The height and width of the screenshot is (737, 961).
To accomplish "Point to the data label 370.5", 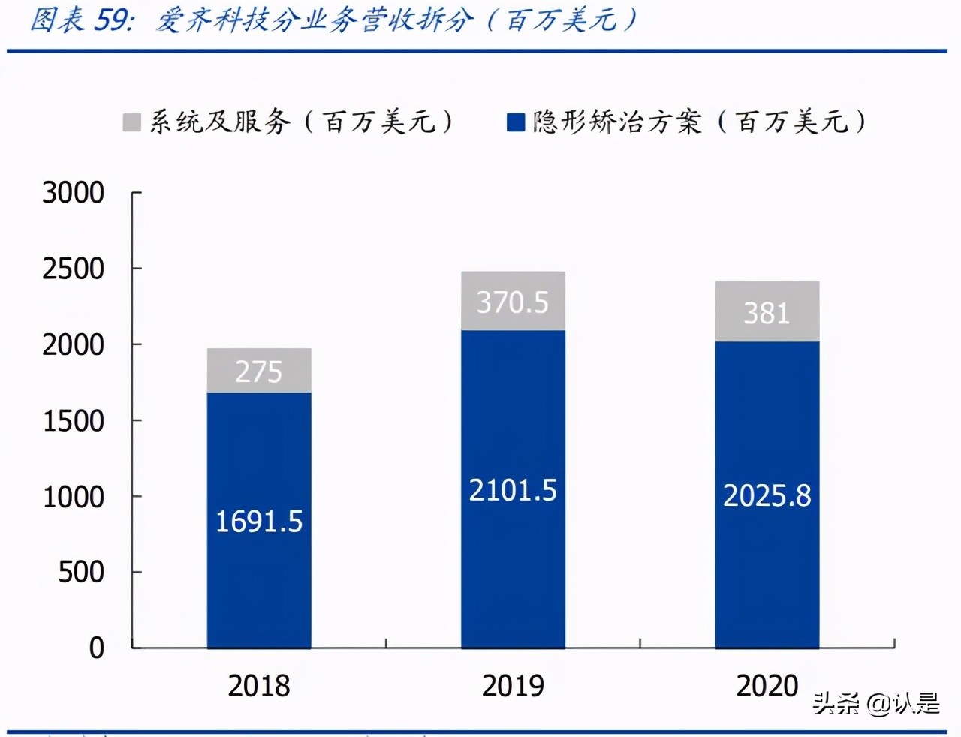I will coord(513,302).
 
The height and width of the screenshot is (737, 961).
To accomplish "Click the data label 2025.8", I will coord(767,496).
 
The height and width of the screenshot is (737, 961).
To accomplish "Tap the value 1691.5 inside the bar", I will coord(259,522).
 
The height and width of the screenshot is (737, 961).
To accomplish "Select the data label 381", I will coord(767,314).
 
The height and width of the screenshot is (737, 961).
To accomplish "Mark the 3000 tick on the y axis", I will coord(73,193).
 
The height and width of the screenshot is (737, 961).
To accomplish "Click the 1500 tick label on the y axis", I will coord(73,421).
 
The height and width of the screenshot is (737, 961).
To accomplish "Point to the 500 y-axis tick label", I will coord(81,573).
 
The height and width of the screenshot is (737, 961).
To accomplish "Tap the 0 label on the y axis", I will coord(97,648).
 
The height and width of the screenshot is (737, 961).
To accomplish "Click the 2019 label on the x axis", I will coord(513,686).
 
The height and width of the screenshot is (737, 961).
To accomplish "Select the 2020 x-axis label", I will coord(767,686).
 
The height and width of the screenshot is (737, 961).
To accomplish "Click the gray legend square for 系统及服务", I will coord(132,122).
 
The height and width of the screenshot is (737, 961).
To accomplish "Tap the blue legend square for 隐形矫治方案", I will coord(516,122).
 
